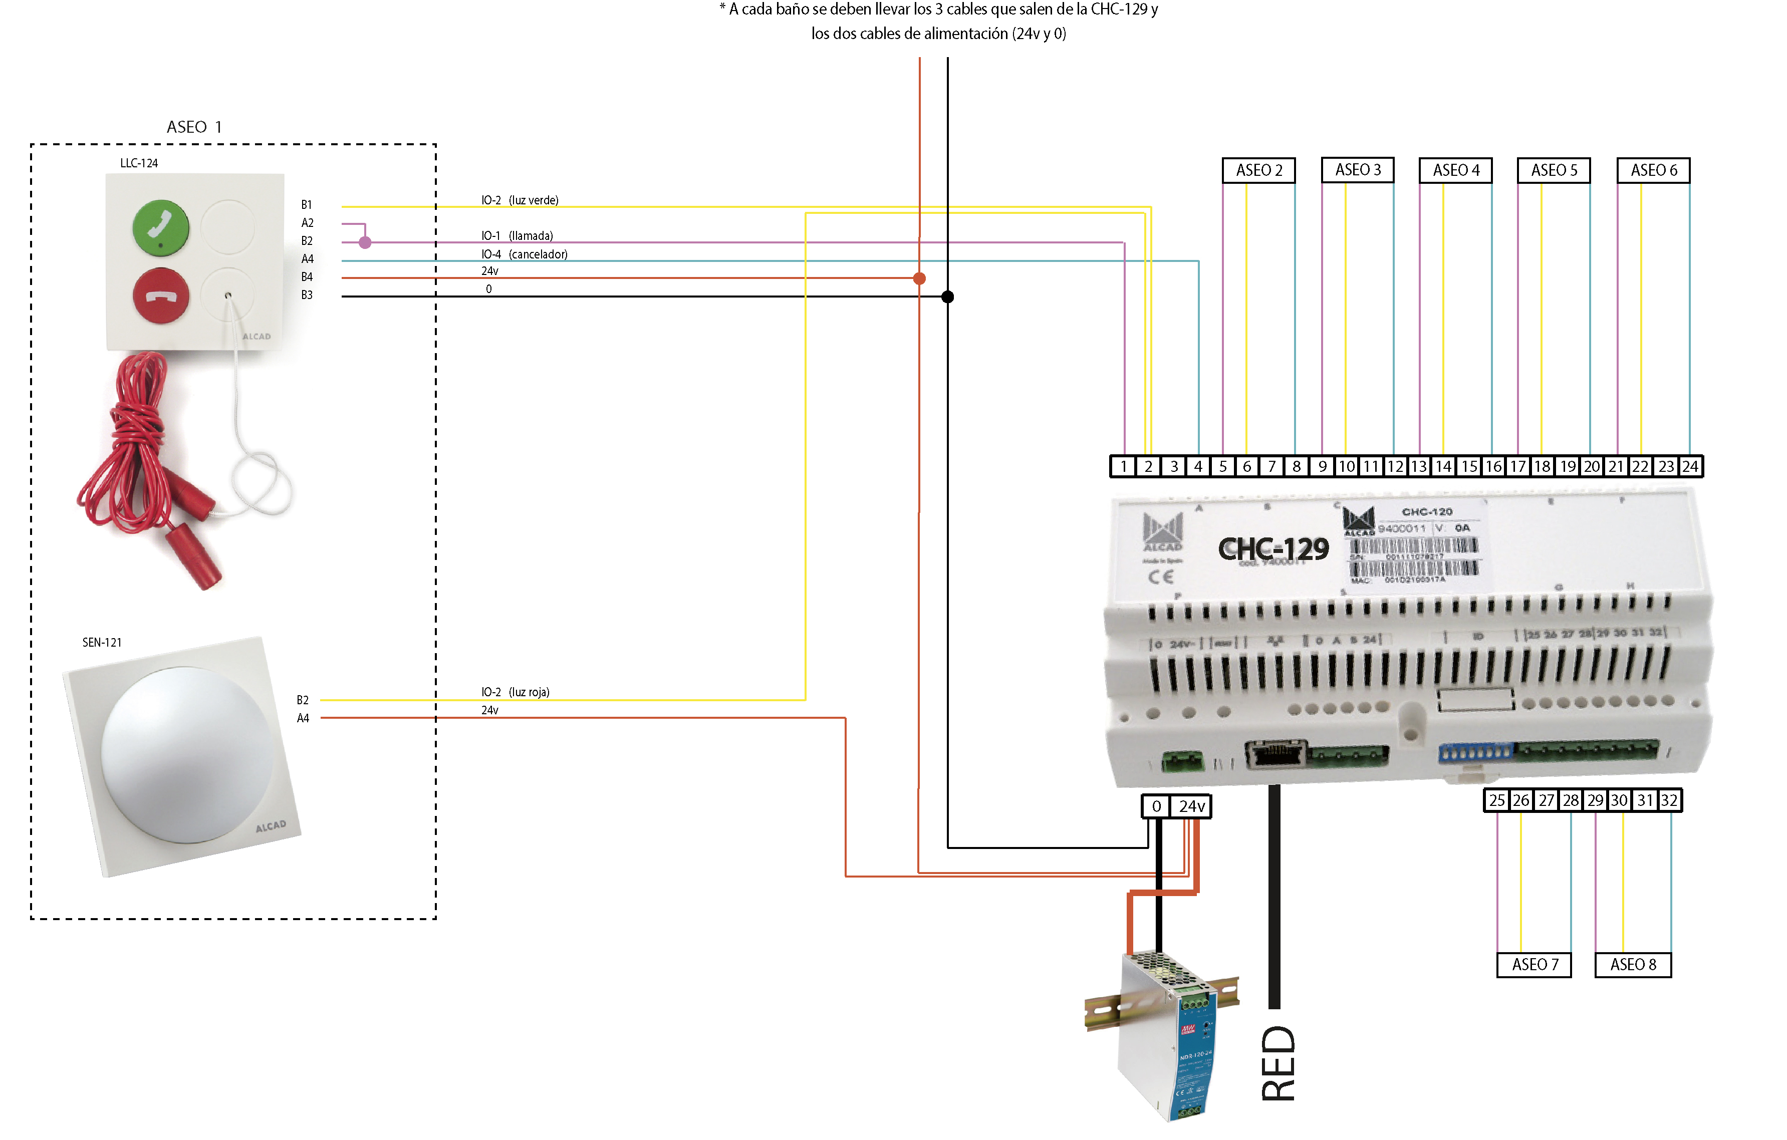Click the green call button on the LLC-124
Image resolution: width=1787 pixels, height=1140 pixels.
click(160, 226)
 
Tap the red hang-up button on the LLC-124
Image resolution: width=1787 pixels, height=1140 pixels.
click(160, 296)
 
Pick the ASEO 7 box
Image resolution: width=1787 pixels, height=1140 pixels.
click(1534, 964)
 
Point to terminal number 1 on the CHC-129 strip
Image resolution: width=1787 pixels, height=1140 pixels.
click(1124, 466)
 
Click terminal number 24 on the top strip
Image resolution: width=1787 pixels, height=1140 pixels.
click(1690, 466)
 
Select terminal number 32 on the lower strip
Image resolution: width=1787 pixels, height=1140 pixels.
click(1669, 800)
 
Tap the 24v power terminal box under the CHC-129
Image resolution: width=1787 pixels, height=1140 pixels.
click(1191, 806)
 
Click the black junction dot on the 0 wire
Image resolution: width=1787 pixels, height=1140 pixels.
click(948, 297)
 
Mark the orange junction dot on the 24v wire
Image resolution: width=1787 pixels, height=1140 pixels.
click(919, 278)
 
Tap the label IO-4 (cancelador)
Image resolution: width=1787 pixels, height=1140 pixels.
click(524, 254)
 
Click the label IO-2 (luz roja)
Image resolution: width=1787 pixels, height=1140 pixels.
click(515, 692)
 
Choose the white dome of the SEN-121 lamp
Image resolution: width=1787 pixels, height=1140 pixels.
click(186, 753)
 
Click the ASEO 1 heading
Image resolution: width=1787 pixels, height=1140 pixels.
click(194, 127)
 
